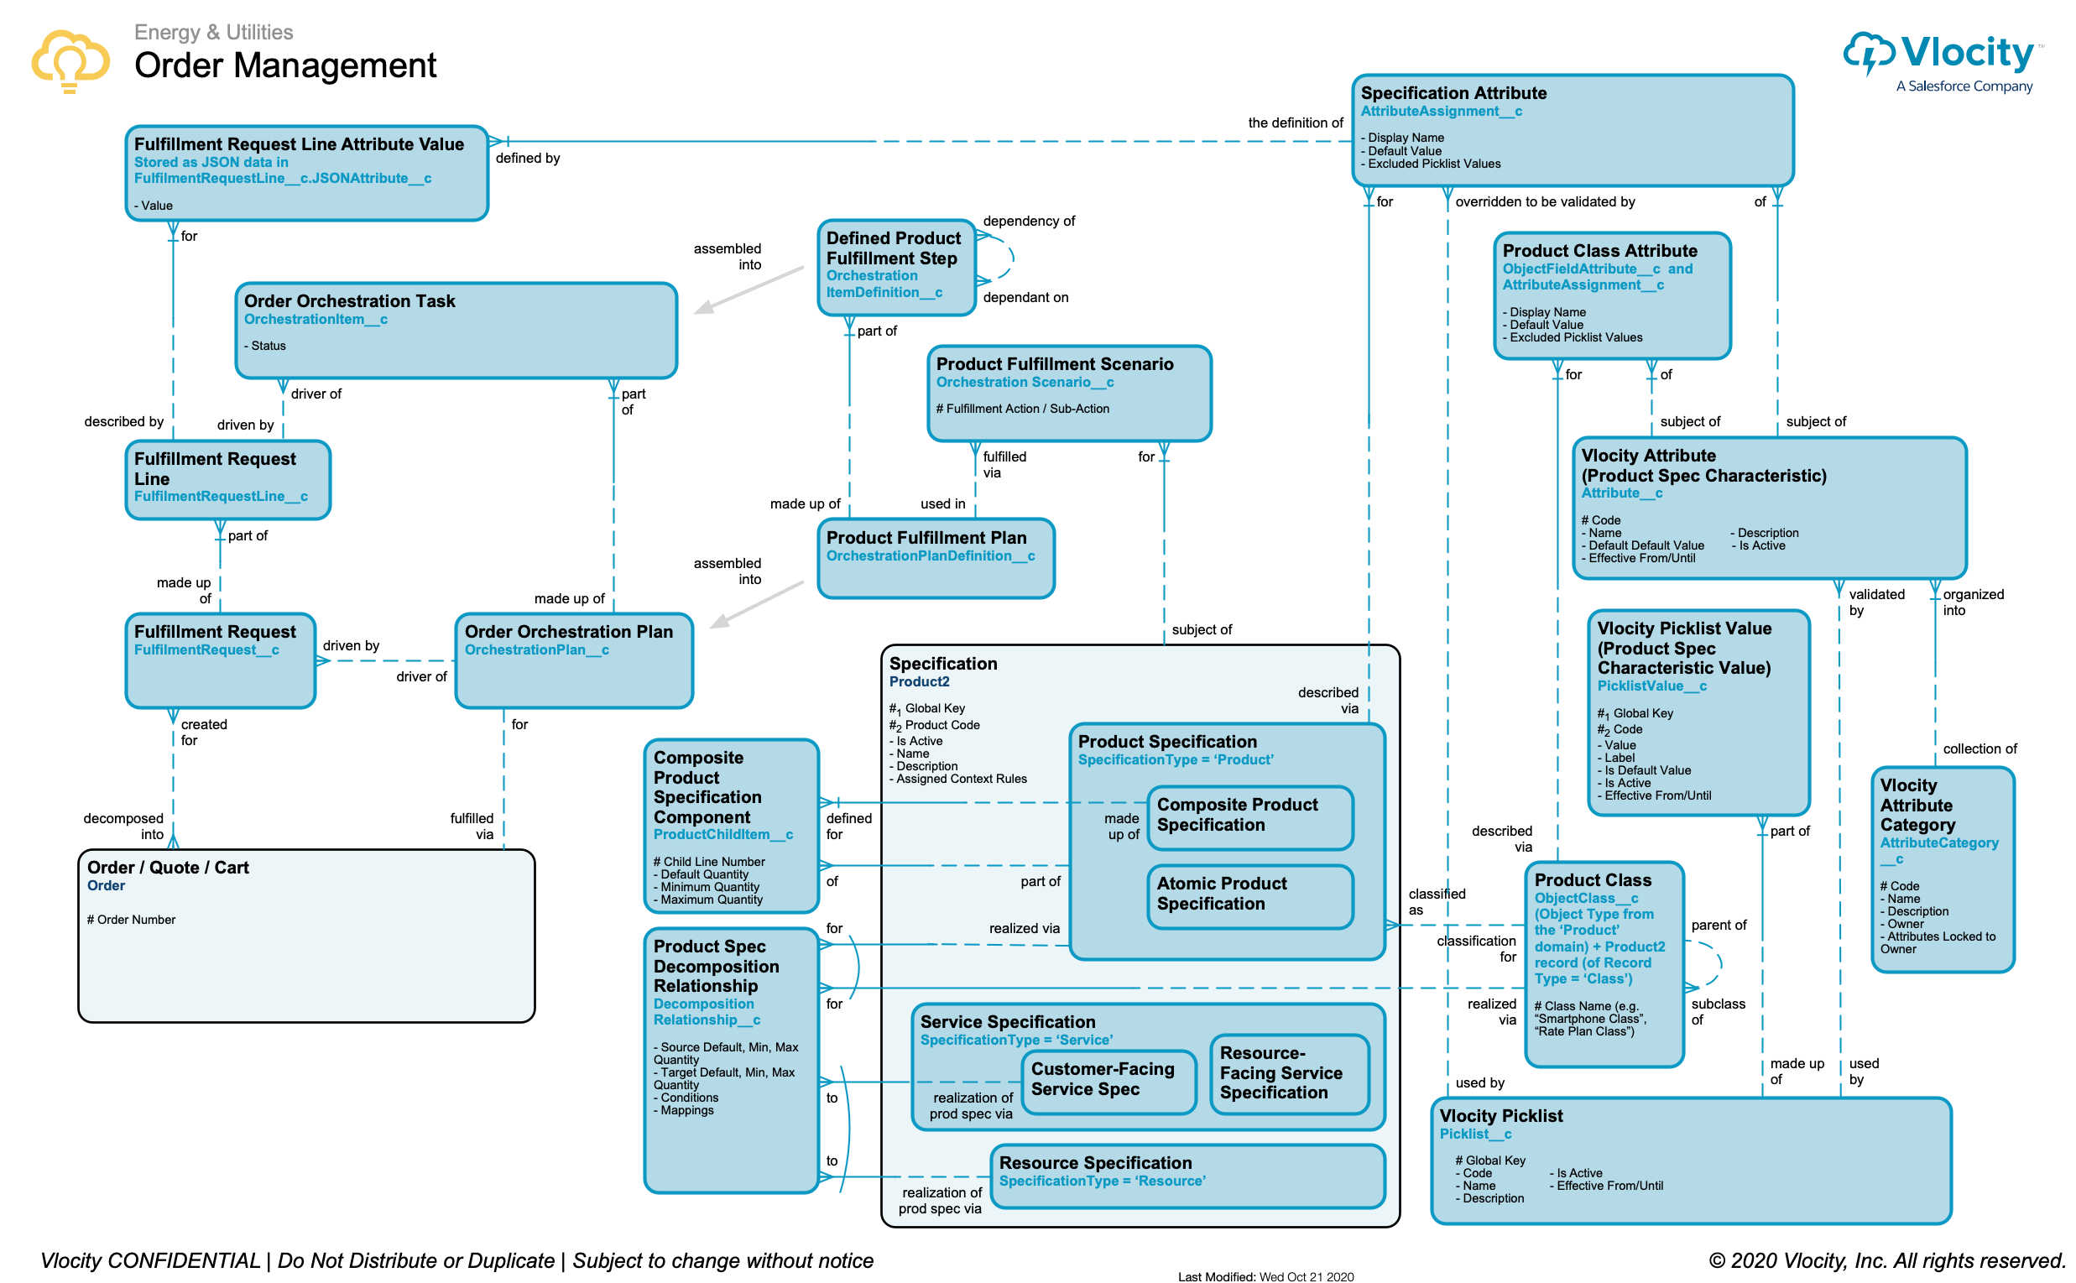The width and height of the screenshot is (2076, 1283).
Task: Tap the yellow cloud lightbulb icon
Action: click(70, 60)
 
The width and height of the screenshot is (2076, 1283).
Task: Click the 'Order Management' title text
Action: click(285, 65)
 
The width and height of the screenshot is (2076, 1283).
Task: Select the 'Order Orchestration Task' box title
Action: click(350, 301)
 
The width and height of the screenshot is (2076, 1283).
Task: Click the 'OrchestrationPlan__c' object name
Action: click(537, 651)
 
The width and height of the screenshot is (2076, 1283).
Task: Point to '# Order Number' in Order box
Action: click(132, 921)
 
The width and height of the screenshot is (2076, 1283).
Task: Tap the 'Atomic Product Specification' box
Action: click(1249, 894)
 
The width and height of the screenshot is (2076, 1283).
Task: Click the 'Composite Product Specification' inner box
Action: click(1249, 816)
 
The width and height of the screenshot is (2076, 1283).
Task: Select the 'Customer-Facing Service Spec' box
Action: click(1107, 1080)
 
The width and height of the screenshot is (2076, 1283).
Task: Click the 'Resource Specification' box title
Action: click(1096, 1164)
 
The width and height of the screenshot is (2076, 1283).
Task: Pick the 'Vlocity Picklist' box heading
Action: click(1502, 1117)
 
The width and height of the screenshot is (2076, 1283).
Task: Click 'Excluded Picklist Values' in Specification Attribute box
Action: click(1434, 164)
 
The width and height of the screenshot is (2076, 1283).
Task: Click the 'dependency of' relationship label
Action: click(1029, 222)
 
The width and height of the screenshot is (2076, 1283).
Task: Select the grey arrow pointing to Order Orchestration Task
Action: click(749, 291)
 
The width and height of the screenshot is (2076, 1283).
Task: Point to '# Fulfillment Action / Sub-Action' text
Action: click(1023, 409)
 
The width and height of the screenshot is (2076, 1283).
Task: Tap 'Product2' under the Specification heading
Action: click(920, 682)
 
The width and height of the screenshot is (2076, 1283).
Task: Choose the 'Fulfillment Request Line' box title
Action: click(215, 469)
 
